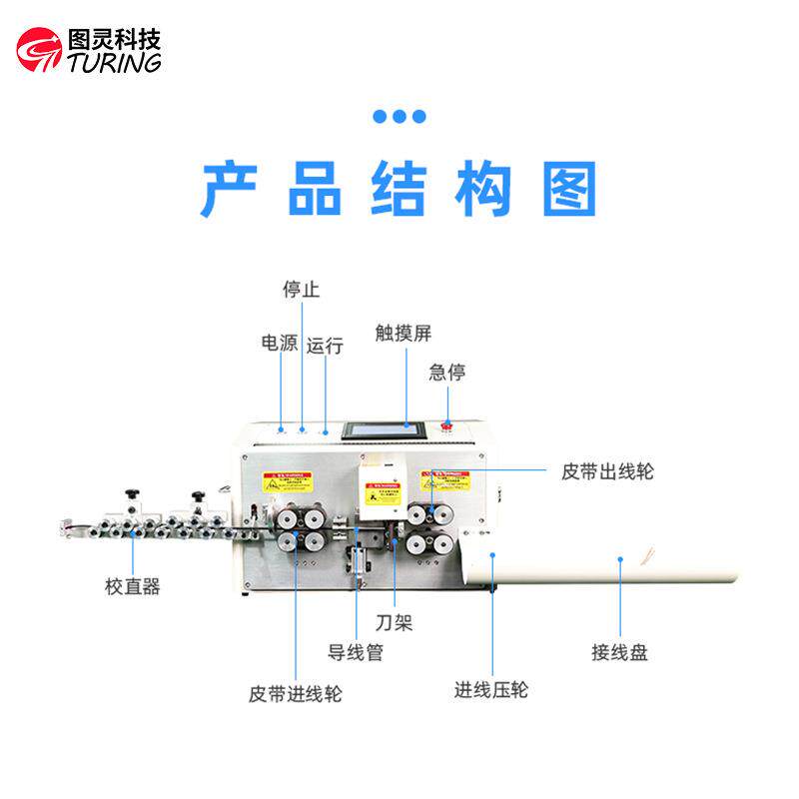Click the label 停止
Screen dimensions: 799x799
pos(301,290)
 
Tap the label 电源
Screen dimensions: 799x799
pos(280,343)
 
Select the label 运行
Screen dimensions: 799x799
pos(325,346)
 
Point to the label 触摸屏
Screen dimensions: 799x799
pos(403,333)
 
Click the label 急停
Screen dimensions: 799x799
pos(447,373)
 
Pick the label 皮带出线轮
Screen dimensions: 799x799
pos(607,470)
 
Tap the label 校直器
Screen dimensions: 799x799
pos(133,586)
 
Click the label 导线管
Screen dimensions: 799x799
pos(356,653)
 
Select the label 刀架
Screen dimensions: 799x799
pos(396,623)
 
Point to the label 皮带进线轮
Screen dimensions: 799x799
pos(295,693)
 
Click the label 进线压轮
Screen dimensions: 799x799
pos(491,689)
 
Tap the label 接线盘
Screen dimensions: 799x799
pos(619,653)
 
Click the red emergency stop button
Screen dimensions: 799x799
pos(447,424)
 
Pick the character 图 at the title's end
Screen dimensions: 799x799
pos(570,189)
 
